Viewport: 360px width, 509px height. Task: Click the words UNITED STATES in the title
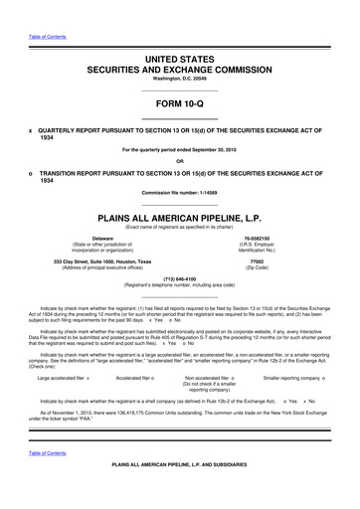pos(179,62)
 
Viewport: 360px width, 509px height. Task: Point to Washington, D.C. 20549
pos(179,83)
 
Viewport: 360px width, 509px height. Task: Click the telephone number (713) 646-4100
pos(179,279)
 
